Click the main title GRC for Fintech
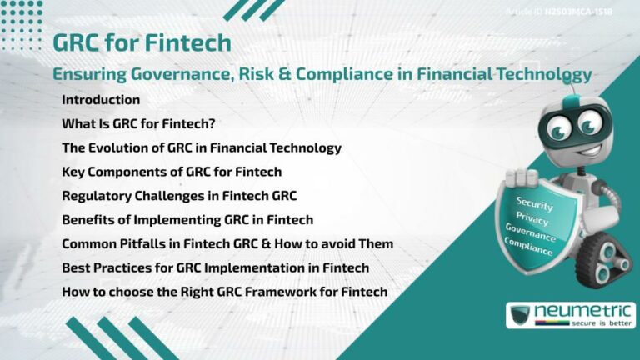[142, 42]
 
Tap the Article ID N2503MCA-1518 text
[559, 12]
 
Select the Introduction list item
[101, 100]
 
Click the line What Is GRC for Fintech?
[139, 124]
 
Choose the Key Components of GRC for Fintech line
[172, 172]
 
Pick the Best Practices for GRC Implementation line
[215, 268]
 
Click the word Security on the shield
[534, 203]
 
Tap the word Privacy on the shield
[532, 218]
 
